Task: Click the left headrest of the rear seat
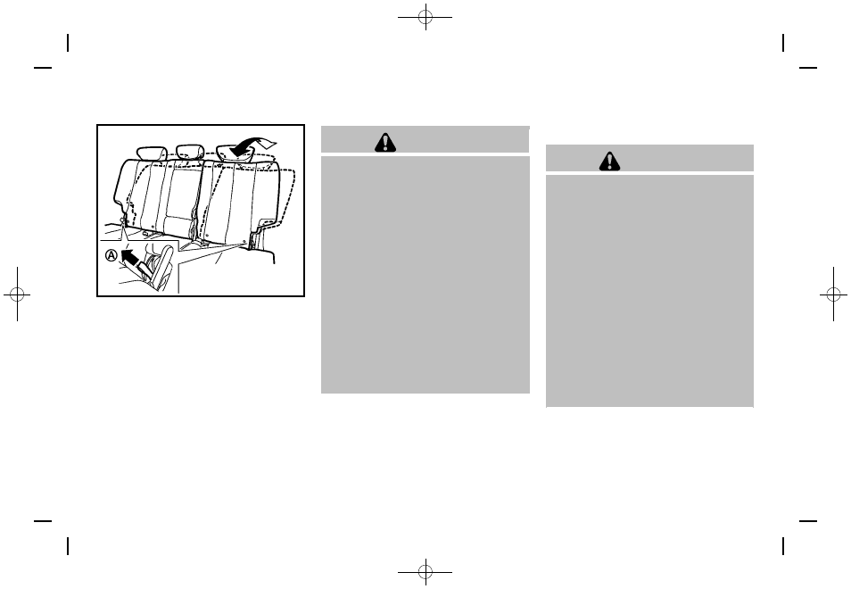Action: pos(150,153)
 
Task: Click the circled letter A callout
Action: pos(111,254)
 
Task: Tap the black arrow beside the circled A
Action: pos(130,260)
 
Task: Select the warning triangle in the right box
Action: pos(610,161)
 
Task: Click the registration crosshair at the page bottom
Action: pos(425,570)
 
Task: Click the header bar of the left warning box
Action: pos(425,140)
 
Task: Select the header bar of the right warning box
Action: pos(649,159)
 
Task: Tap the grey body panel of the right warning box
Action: pos(649,290)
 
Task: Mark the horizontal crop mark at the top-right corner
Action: pos(808,68)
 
